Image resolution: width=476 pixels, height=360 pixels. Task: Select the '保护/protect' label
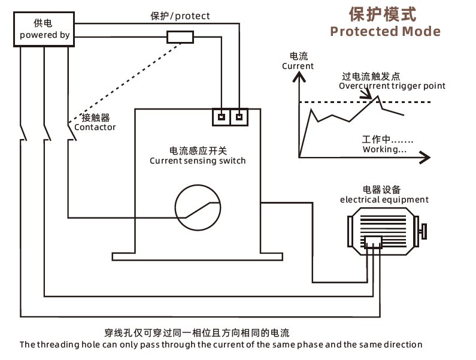(180, 16)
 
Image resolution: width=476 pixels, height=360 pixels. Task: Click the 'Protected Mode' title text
(385, 31)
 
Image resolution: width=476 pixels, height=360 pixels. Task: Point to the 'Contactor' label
(95, 127)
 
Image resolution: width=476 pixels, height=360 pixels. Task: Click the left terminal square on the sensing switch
(222, 117)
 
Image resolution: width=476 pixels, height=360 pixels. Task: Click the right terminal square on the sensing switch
(239, 117)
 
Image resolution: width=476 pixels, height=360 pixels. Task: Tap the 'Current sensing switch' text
(198, 161)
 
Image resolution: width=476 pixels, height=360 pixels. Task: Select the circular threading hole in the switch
(198, 185)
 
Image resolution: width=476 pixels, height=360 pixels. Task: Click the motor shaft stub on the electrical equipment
(423, 231)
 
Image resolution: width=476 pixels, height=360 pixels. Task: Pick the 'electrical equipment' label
(384, 199)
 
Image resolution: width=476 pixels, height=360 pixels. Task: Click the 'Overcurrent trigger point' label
(392, 86)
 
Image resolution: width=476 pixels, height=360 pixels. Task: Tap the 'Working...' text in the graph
(384, 149)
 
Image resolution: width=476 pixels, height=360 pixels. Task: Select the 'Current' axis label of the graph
(298, 66)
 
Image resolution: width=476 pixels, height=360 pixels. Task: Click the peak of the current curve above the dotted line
(378, 96)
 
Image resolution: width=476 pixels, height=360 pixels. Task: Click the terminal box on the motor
(373, 242)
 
